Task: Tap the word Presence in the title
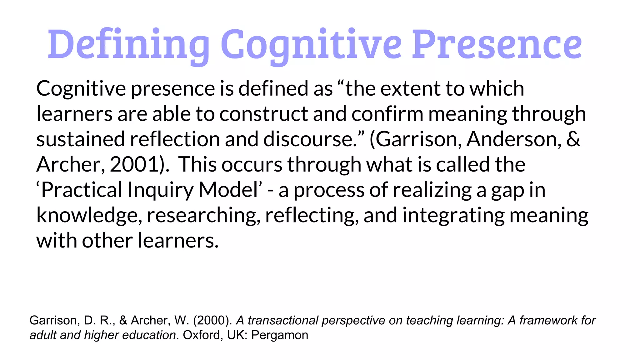pos(497,44)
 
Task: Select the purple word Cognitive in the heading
pos(311,44)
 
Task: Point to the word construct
pos(263,114)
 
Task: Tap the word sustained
pos(81,139)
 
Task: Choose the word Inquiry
pos(160,191)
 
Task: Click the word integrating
pos(453,216)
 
